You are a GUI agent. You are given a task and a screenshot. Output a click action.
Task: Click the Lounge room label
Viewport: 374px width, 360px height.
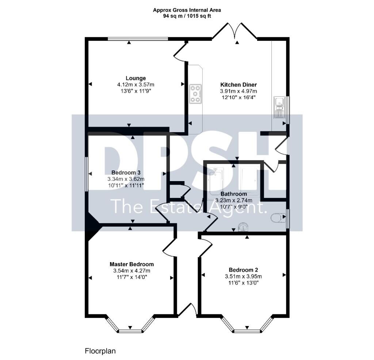[x=136, y=78]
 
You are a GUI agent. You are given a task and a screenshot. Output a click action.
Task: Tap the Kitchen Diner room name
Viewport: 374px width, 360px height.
[x=238, y=85]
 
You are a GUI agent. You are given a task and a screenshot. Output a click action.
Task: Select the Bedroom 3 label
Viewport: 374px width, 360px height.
[x=126, y=173]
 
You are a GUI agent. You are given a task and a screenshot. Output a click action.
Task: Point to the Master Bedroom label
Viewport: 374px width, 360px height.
[x=131, y=264]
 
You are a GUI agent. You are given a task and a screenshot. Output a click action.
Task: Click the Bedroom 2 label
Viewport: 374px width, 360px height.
[x=243, y=270]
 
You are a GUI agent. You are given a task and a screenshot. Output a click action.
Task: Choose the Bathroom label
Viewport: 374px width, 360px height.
[x=234, y=194]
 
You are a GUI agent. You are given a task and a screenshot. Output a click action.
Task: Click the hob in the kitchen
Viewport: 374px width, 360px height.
[x=195, y=94]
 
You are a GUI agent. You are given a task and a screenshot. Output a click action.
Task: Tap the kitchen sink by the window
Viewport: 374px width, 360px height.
[x=279, y=107]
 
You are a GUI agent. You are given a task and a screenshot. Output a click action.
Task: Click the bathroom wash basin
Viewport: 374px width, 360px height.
[x=243, y=227]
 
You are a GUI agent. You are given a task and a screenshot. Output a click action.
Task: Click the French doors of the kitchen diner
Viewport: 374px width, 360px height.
[x=235, y=31]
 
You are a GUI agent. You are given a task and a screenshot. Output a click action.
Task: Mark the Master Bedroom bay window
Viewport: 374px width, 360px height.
[x=130, y=324]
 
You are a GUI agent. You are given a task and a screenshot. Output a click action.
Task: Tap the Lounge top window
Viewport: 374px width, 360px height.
[x=138, y=39]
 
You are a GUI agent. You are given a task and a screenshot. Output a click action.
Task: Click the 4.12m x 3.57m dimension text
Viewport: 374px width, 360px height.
[x=136, y=85]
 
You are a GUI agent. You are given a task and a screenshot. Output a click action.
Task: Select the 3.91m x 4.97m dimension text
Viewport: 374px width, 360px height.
[x=238, y=91]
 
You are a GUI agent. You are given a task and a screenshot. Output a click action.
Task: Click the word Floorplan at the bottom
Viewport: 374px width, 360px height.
[x=100, y=351]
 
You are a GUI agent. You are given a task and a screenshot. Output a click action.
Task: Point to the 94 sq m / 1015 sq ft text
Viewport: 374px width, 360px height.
[x=187, y=16]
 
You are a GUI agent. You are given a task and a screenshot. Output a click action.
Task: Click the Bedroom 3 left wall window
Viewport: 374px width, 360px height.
[x=87, y=173]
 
